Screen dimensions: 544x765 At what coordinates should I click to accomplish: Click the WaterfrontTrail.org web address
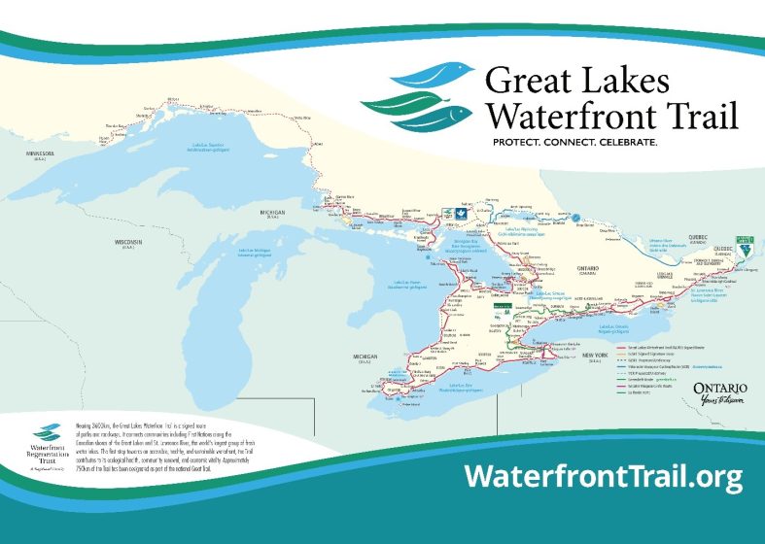(603, 476)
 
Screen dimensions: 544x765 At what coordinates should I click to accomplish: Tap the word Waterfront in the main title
(562, 116)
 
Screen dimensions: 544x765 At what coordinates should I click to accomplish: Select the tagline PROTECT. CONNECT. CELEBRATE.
(574, 142)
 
